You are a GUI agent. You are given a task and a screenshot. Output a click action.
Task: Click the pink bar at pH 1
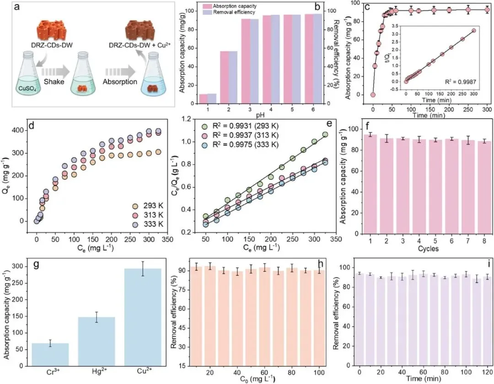(203, 99)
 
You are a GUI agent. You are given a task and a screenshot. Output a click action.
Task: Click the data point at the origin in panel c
(373, 95)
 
